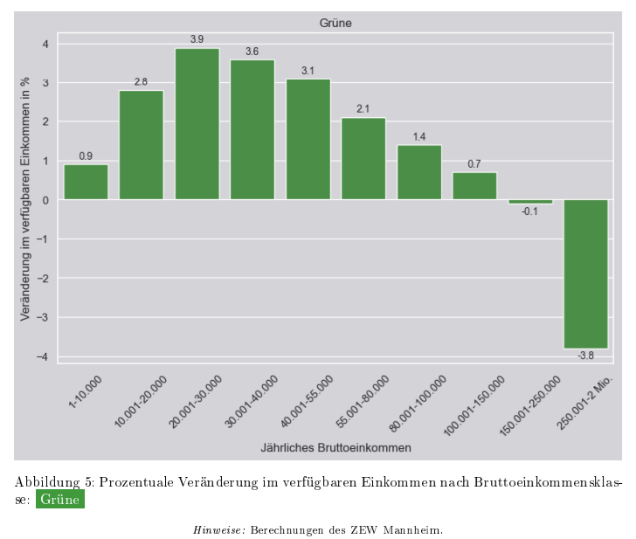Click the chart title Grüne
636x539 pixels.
pos(335,23)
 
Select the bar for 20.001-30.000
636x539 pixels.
pos(197,123)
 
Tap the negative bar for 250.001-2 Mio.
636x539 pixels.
pos(585,273)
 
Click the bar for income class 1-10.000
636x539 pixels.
pos(86,182)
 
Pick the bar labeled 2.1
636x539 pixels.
pos(363,158)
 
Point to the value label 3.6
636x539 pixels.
pos(252,52)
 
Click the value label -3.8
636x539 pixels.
pos(585,356)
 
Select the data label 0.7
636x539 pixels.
pos(474,164)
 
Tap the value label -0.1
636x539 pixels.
pos(529,211)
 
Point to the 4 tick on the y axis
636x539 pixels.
pos(46,44)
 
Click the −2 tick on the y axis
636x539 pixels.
pos(45,278)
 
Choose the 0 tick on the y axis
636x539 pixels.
pos(46,200)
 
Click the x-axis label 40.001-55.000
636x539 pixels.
pos(307,401)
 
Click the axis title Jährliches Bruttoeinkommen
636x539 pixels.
pos(335,447)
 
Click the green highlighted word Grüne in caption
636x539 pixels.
pos(59,500)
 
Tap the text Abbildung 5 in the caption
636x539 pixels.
pos(52,482)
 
